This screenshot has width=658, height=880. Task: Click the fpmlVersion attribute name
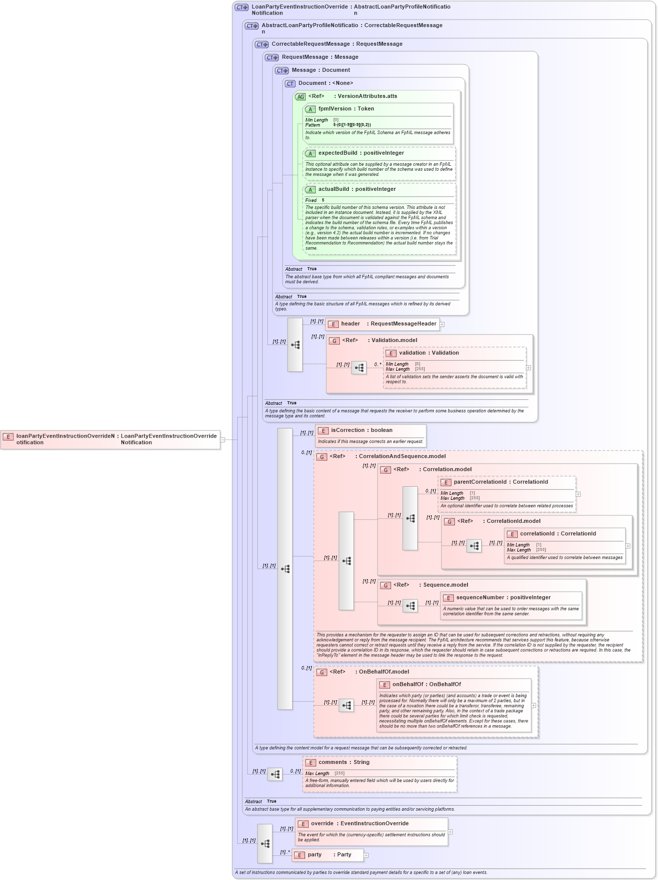point(335,109)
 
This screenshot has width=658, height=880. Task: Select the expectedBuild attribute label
point(338,153)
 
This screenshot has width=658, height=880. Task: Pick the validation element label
point(415,353)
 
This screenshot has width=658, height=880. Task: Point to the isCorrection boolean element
point(347,430)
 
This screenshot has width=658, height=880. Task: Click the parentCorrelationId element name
point(480,482)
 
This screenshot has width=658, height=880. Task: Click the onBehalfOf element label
point(408,685)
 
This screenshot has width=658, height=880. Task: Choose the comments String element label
point(332,762)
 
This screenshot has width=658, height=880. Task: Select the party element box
point(327,855)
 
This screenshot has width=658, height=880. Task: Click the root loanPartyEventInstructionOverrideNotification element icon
point(8,436)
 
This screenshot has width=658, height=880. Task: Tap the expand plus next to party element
point(366,855)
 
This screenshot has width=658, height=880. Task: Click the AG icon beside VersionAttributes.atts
point(300,97)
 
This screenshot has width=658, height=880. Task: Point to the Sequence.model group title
point(445,585)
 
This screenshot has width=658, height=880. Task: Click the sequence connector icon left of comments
point(274,775)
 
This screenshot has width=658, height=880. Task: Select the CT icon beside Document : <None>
point(290,84)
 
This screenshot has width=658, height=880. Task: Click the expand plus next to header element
point(442,324)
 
